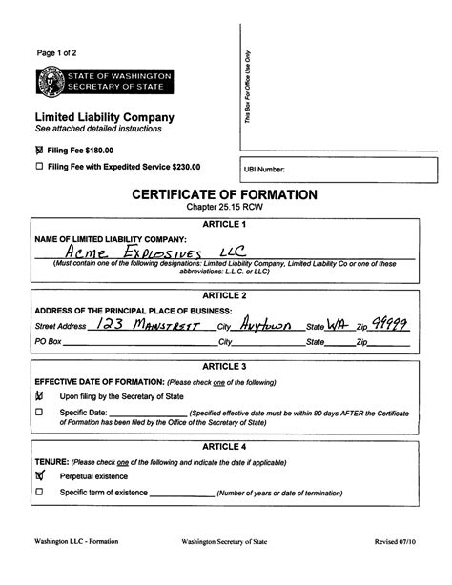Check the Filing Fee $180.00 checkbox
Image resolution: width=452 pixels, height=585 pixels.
tap(39, 151)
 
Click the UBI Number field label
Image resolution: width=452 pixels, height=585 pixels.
tap(264, 170)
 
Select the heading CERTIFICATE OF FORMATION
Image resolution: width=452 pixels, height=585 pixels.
tap(226, 194)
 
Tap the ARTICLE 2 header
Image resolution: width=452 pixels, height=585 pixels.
tap(226, 296)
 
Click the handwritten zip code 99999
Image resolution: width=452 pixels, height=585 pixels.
tap(390, 324)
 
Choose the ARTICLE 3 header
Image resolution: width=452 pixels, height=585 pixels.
tap(226, 366)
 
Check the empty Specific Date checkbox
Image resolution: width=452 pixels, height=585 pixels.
tap(40, 413)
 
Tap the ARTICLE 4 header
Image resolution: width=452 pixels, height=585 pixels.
tap(226, 446)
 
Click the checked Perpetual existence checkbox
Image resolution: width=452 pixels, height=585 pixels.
tap(40, 474)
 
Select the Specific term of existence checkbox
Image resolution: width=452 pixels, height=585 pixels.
tap(40, 492)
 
